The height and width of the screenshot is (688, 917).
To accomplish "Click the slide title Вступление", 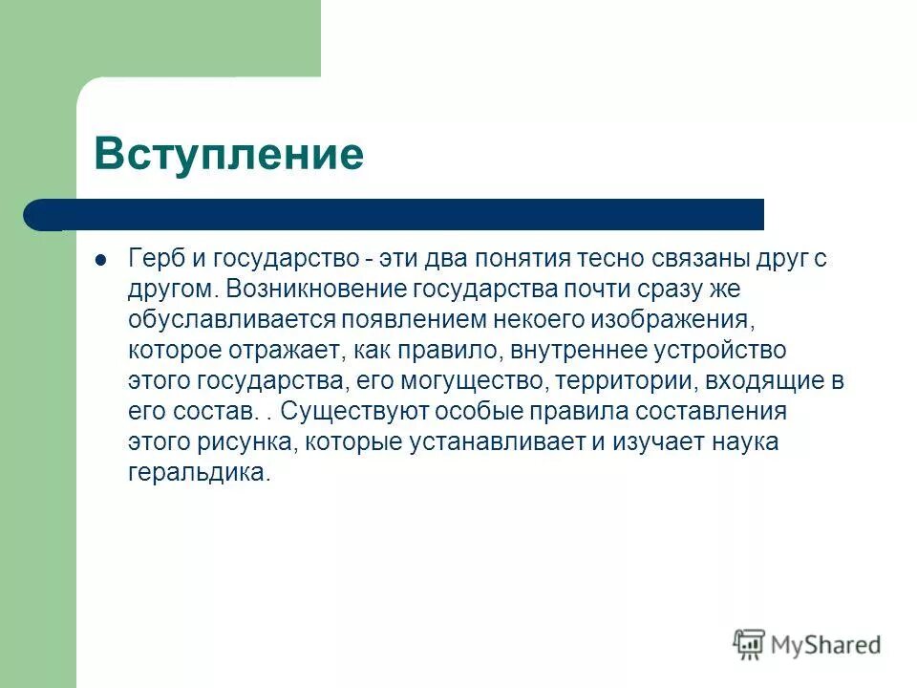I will click(x=229, y=153).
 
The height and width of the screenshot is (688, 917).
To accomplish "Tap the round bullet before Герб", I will click(x=101, y=260).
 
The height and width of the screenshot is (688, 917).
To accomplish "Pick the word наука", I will click(x=747, y=441).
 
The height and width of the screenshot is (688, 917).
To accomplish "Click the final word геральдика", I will click(x=198, y=472).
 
